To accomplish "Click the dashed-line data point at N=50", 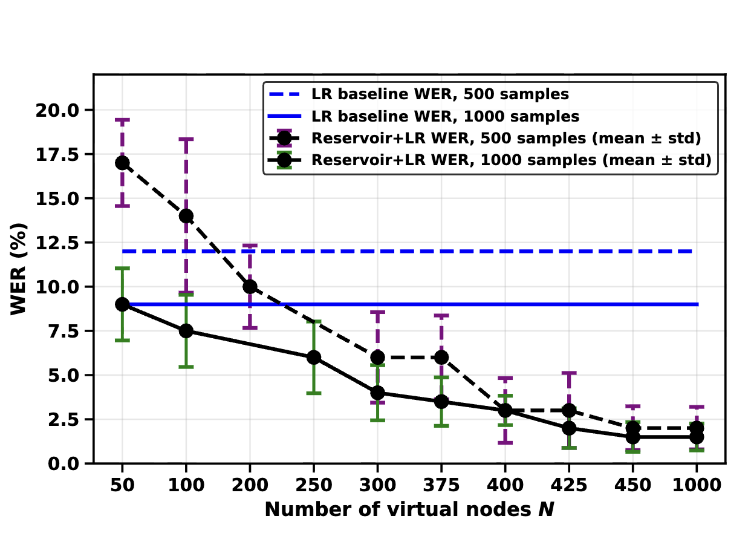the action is tap(122, 163).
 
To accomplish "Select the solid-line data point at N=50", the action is tap(122, 304).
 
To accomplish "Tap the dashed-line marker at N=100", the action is tap(186, 216).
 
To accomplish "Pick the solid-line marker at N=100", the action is tap(186, 331).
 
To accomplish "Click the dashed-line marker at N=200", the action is tap(250, 287).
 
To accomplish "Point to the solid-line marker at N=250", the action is tap(314, 358).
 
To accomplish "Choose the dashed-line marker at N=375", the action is tap(441, 358).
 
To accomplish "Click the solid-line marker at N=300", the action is tap(377, 393).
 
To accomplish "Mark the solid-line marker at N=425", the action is tap(569, 428).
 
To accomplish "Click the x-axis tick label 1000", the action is tap(697, 485).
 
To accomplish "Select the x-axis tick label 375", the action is tap(441, 485).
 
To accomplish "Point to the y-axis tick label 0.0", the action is tap(63, 464).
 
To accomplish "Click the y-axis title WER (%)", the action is tap(18, 269).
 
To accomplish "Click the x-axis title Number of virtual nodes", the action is tap(398, 509).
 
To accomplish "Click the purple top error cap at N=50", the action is tap(122, 120).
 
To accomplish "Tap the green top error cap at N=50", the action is tap(122, 269).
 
